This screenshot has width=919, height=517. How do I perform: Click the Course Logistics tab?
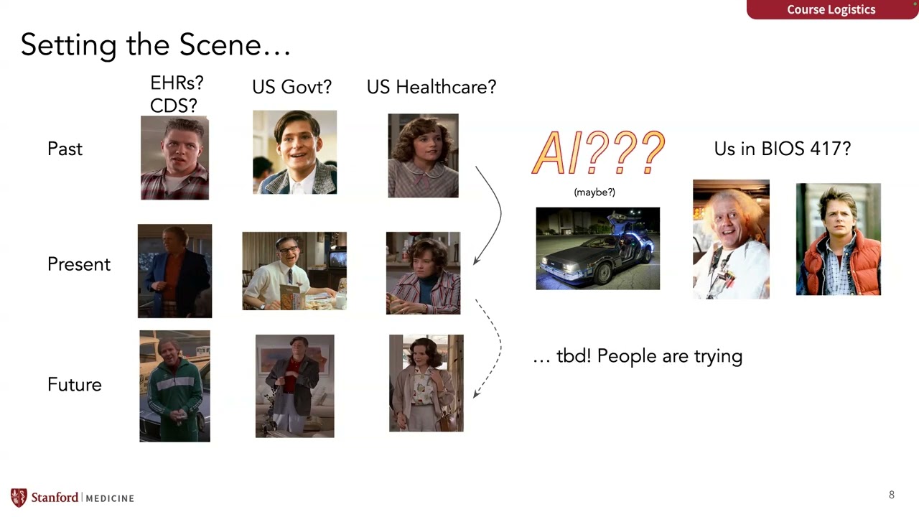(x=831, y=9)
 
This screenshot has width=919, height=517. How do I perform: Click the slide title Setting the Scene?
(x=155, y=45)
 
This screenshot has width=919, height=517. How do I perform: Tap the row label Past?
(x=65, y=149)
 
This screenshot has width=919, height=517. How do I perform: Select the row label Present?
(x=78, y=264)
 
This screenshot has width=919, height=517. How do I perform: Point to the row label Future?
(x=74, y=384)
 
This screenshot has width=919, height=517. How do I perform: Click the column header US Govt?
(x=291, y=87)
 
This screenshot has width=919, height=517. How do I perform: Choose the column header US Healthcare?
(x=431, y=87)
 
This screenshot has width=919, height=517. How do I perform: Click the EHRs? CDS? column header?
(x=176, y=95)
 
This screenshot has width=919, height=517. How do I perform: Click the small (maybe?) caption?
(x=594, y=192)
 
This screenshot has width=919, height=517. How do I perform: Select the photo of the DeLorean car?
(x=597, y=248)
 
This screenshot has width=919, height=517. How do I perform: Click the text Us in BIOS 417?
(x=782, y=149)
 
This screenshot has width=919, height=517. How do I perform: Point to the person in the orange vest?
(x=838, y=239)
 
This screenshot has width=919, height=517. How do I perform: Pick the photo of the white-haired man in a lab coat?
(x=730, y=239)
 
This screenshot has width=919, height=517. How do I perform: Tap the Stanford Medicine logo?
(x=72, y=498)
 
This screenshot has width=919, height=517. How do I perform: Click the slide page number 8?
(x=892, y=495)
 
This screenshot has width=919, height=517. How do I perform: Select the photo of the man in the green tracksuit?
(x=174, y=386)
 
